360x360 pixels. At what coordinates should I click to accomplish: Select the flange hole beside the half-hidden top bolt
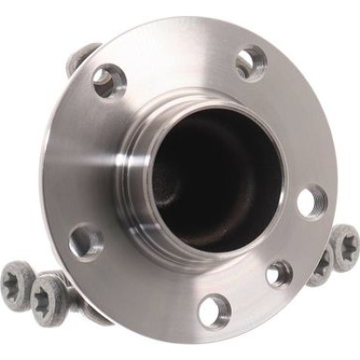108,80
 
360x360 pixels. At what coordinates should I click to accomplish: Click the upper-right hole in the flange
250,64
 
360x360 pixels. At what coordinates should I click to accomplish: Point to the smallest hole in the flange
278,273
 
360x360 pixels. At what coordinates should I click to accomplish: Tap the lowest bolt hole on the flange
214,309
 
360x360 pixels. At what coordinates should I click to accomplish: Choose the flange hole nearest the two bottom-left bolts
85,241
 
